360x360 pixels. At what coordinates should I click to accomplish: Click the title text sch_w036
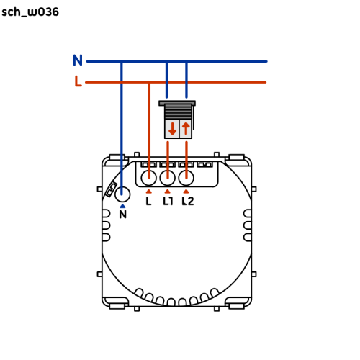(30, 12)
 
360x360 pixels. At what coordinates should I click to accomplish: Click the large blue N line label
(78, 60)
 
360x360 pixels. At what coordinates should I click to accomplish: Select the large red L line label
(78, 81)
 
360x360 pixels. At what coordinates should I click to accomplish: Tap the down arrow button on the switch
(172, 129)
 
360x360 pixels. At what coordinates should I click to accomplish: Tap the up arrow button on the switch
(186, 129)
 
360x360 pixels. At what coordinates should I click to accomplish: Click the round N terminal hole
(122, 194)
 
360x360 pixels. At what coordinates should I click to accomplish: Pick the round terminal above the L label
(149, 178)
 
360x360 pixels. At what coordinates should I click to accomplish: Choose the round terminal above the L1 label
(168, 178)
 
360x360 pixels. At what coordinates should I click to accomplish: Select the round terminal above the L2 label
(186, 178)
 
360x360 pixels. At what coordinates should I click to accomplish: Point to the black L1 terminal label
(168, 201)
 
